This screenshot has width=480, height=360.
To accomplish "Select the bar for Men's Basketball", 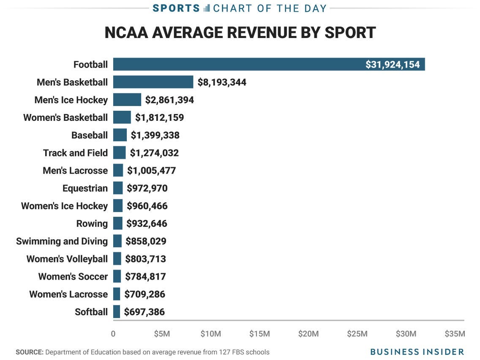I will coord(153,82).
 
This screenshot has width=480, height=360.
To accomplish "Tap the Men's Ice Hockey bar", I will coord(127,100).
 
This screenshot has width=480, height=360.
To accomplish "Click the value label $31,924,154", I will coord(393,65).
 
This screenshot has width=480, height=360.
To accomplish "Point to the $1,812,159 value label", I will coord(159,117).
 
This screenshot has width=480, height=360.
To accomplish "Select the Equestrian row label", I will coord(85,188).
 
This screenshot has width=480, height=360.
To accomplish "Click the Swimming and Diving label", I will coord(62,241).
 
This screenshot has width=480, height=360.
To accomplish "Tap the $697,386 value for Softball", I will coord(144,312).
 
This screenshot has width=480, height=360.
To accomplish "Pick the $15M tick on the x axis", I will coord(259,334).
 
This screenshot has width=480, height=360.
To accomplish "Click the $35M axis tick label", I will coord(455,334).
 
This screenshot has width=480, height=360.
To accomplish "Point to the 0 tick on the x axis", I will coord(113,334).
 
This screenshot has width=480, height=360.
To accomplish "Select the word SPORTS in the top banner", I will coord(176,8).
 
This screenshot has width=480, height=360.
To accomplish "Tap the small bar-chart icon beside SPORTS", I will coord(207,8).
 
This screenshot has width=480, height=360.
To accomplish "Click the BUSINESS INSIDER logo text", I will coord(417,352).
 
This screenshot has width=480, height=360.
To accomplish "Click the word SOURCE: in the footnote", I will coord(30,352).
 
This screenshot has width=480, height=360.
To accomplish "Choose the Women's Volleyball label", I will coord(67,259).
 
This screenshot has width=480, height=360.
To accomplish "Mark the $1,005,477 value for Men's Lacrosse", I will coord(151,171).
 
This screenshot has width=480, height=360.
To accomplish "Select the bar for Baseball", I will coord(120,135).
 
